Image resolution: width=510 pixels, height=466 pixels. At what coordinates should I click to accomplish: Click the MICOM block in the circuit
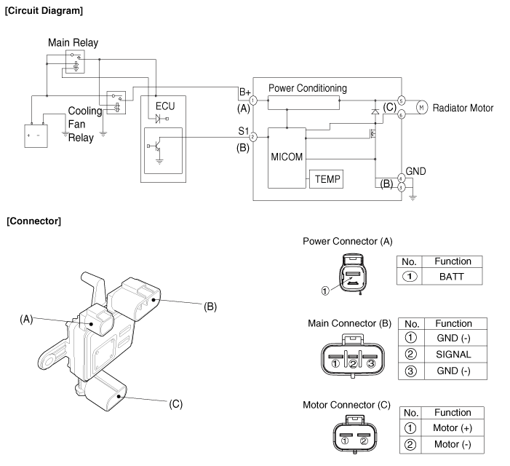pos(286,158)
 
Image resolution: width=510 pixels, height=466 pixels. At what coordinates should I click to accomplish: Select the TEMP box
pos(327,178)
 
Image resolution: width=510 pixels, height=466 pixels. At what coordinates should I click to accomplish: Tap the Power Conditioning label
pos(307,88)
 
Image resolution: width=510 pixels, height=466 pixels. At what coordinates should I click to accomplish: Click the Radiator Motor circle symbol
pos(420,108)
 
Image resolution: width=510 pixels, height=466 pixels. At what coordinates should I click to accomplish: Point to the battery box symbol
pos(34,135)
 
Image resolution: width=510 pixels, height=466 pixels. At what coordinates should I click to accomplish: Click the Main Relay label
pos(73,43)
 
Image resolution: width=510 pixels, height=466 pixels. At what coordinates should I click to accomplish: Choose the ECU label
pos(165,106)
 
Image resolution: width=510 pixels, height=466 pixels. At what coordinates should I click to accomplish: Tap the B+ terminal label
pos(244,92)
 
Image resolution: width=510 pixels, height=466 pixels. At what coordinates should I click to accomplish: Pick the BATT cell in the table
pos(453,277)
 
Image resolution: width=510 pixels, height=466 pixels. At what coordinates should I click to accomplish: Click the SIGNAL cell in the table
pos(453,354)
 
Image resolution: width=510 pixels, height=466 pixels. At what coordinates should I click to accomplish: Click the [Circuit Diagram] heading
pos(44,11)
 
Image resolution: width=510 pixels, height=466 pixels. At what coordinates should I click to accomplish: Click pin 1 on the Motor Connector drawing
pos(344,439)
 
